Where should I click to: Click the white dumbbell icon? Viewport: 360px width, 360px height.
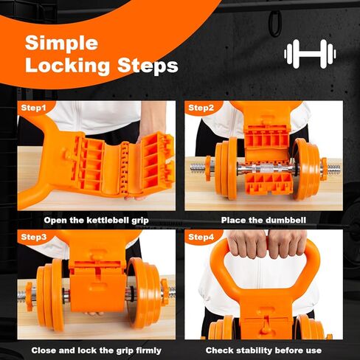pyautogui.click(x=311, y=53)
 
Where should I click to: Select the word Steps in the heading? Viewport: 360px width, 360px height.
pyautogui.click(x=148, y=66)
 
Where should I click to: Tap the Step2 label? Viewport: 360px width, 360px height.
pyautogui.click(x=201, y=108)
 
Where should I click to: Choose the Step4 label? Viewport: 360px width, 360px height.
pyautogui.click(x=201, y=238)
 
